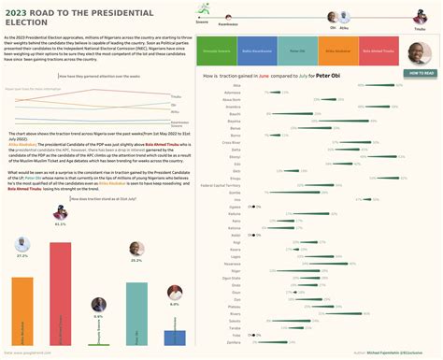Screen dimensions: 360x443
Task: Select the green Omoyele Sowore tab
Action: click(217, 52)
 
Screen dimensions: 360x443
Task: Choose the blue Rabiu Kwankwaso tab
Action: click(258, 52)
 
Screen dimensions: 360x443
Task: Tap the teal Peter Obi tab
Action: click(298, 52)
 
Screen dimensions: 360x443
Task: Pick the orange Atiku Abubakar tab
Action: click(338, 52)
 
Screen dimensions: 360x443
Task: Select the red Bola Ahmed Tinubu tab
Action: click(379, 52)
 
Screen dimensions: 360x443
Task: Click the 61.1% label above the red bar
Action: click(61, 224)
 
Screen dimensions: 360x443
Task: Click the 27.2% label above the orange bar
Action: click(22, 255)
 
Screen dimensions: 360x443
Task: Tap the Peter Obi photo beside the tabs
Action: click(421, 52)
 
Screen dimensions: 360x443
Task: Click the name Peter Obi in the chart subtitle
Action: click(328, 74)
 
